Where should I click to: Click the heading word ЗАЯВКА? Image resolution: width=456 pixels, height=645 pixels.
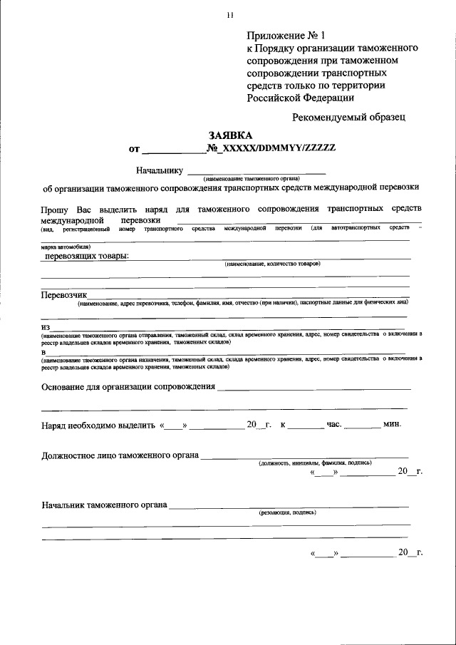click(230, 135)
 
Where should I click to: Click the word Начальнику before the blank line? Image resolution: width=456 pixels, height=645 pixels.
click(160, 170)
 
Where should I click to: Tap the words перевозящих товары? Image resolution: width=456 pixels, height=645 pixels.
click(88, 256)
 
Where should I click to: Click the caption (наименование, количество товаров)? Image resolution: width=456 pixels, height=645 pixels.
click(272, 264)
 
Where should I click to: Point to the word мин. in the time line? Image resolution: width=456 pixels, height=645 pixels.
click(392, 425)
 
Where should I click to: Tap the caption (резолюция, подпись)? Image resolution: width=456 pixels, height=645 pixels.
click(288, 512)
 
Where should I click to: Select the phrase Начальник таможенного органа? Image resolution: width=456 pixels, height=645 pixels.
click(104, 505)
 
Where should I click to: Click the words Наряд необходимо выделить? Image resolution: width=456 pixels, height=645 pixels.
click(98, 425)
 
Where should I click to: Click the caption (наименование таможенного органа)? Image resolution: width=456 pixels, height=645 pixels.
click(252, 178)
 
